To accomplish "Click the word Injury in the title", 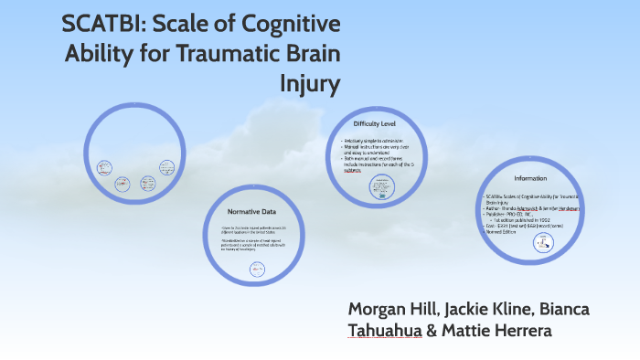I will click(310, 84).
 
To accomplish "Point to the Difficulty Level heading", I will click(373, 123).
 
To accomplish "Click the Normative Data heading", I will click(251, 211).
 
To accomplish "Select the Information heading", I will click(530, 178).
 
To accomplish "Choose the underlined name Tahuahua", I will click(384, 331).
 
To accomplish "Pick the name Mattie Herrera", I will click(496, 331).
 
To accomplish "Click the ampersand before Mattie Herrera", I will click(432, 331).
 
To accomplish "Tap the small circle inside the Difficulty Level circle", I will click(379, 187).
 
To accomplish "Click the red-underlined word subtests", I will click(352, 171).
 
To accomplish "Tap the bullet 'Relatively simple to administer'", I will click(378, 141).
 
